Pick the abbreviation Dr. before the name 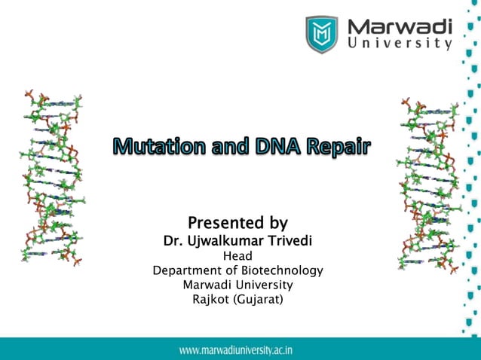click(x=172, y=241)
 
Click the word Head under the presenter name click(x=237, y=256)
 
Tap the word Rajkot click(x=212, y=299)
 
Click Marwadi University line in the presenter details click(x=237, y=285)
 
